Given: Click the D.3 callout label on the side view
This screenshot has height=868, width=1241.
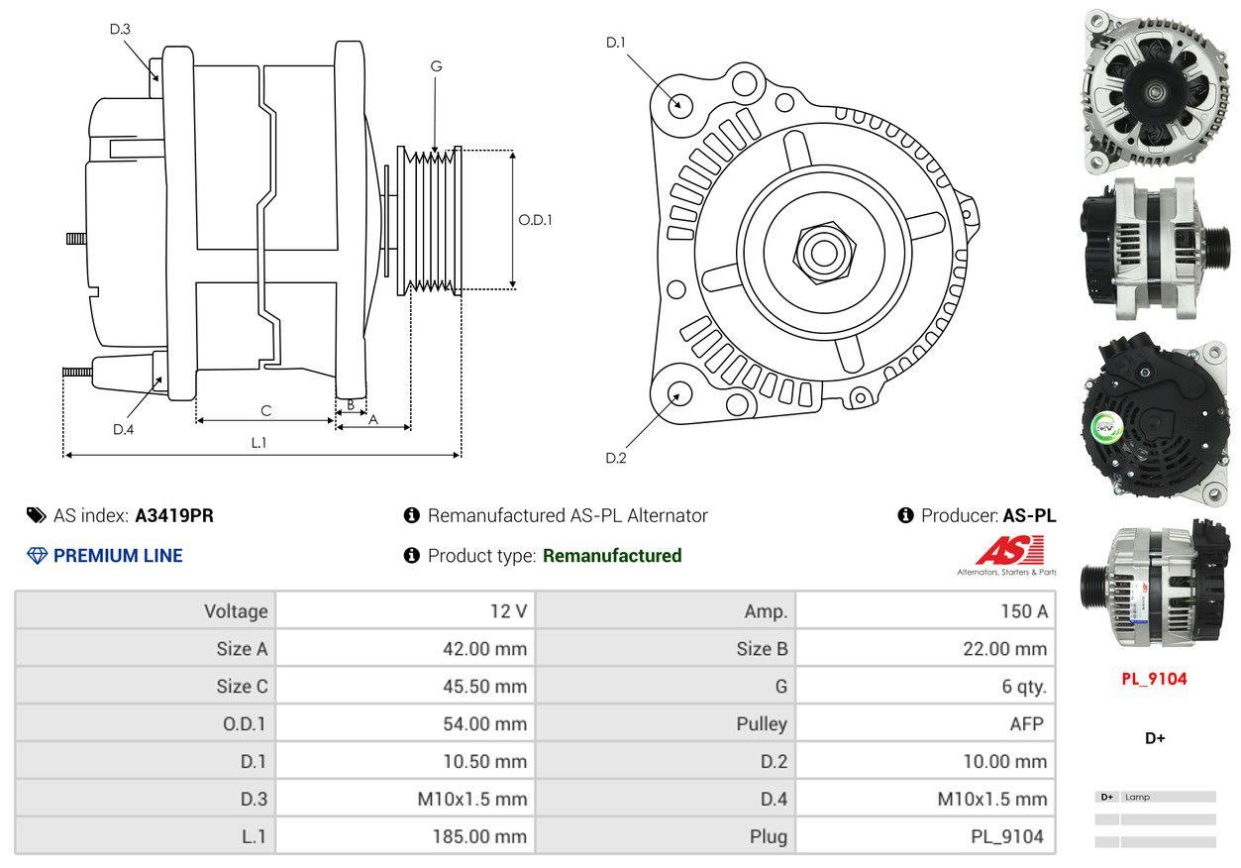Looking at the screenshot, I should click(x=120, y=29).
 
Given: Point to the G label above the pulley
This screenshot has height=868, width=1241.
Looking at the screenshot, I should click(x=436, y=66).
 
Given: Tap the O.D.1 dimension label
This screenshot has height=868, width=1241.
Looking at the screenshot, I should click(x=535, y=220).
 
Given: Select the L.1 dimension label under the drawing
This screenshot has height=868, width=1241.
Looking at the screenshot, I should click(x=258, y=443).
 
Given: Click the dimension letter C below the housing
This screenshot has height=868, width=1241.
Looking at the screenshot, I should click(x=265, y=410).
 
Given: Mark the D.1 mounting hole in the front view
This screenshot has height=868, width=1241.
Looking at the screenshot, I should click(x=679, y=103).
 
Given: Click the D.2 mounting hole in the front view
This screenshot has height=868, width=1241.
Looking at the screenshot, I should click(x=678, y=392).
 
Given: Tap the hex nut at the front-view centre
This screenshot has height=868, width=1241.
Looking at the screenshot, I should click(x=821, y=252).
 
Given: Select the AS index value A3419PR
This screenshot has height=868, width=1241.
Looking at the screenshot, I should click(x=174, y=515).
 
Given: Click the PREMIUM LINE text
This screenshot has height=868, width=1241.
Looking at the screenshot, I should click(x=118, y=556).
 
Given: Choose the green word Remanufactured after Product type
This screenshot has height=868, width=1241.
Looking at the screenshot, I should click(x=612, y=556).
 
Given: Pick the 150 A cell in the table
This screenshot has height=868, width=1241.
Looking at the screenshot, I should click(x=1023, y=611).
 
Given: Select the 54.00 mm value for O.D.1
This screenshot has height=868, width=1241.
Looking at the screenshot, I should click(x=484, y=724).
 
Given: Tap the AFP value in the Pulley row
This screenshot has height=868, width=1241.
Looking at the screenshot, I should click(x=1026, y=724).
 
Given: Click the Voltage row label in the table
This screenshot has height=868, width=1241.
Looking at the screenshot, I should click(x=236, y=611).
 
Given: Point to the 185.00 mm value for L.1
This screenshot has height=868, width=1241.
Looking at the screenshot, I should click(x=479, y=837).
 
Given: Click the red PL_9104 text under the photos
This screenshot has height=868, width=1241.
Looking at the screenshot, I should click(x=1154, y=679).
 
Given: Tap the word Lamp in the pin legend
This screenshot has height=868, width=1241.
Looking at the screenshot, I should click(x=1138, y=797).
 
